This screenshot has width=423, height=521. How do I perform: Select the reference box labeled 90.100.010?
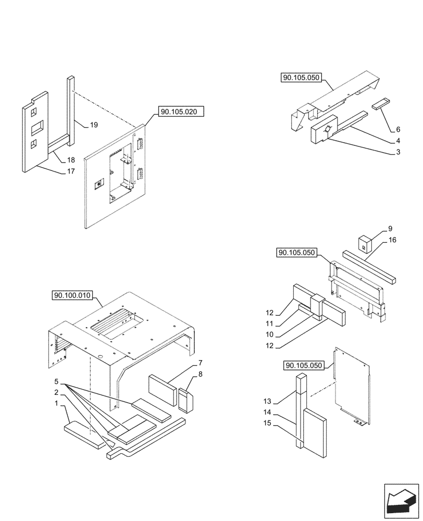pos(72,296)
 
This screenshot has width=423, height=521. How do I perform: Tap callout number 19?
pos(94,125)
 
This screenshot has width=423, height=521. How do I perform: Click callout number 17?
pos(71,171)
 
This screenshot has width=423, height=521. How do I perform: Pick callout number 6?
pos(398,129)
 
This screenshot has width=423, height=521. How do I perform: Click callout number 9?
pos(391,229)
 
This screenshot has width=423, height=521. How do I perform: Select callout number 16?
pos(392,240)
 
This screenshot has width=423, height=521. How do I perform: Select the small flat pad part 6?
pos(380,105)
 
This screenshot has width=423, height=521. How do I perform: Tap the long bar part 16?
pos(368,267)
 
